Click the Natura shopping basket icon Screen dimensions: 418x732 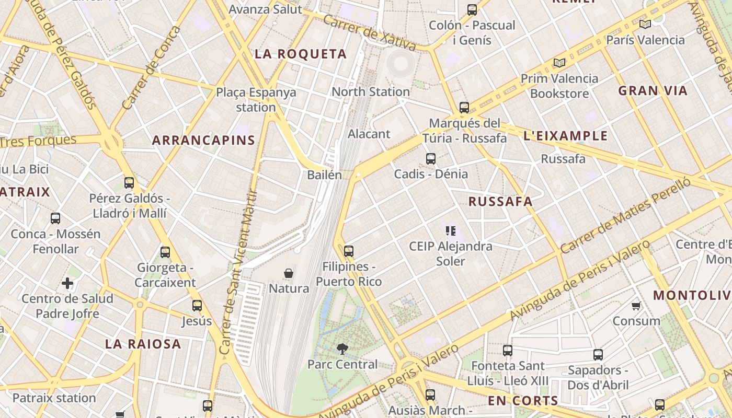point(288,273)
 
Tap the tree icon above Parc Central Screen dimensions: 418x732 point(342,349)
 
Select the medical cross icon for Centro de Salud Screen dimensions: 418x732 point(67,283)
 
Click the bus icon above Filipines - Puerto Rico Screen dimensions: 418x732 point(349,251)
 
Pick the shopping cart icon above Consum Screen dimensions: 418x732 point(636,306)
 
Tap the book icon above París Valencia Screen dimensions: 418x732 point(645,24)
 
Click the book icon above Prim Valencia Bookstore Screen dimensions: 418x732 point(559,63)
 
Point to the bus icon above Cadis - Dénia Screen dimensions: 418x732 point(431,158)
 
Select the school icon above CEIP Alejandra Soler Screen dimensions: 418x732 point(451,230)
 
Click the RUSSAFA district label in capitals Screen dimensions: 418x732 point(500,202)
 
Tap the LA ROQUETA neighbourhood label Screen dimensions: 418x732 point(301,54)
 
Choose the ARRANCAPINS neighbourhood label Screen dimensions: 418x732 point(203,140)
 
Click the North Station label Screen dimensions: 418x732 point(371,92)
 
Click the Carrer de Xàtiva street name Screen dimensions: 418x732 point(369,32)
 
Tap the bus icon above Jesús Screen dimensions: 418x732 point(197,306)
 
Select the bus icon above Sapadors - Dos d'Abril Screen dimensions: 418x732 point(598,355)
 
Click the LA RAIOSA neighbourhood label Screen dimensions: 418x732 point(143,344)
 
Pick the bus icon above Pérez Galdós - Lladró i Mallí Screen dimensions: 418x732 point(129,183)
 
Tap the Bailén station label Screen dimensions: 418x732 point(324,175)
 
